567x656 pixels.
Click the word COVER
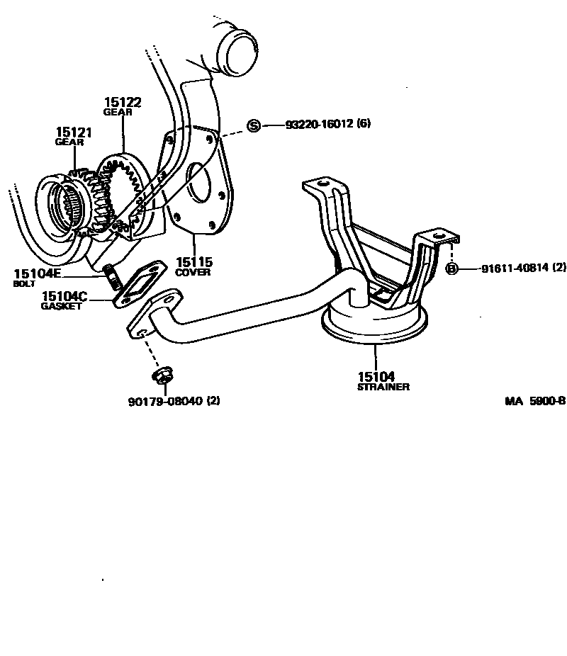click(193, 272)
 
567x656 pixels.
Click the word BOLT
click(23, 283)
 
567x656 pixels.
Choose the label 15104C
click(64, 296)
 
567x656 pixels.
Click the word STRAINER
click(383, 387)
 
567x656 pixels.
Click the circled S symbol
click(254, 125)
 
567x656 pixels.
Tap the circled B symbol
click(451, 268)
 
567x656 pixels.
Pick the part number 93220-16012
click(319, 124)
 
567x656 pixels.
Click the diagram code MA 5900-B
click(534, 400)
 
